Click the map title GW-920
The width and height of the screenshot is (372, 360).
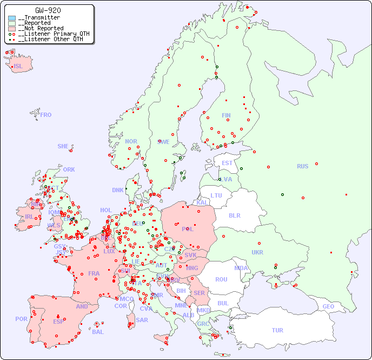48,10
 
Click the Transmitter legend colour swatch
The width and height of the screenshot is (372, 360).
12,18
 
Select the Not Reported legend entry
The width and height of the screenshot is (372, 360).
41,28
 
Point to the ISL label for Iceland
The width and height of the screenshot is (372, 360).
18,67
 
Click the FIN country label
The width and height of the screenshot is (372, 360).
226,115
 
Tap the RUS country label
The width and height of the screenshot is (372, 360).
302,166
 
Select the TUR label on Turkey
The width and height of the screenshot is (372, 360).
277,330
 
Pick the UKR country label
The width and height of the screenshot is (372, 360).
257,252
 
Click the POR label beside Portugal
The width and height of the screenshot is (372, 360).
21,319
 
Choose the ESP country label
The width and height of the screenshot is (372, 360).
58,321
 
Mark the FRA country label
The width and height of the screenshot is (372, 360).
94,273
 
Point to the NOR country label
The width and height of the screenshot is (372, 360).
131,141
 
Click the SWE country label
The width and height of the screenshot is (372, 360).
163,142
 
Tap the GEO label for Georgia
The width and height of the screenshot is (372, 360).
328,306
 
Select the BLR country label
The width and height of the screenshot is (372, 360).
234,215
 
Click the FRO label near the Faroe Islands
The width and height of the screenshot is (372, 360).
46,115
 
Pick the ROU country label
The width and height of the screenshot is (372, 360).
221,279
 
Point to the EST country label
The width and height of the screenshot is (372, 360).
227,163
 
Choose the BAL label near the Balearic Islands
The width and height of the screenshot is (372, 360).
98,332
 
